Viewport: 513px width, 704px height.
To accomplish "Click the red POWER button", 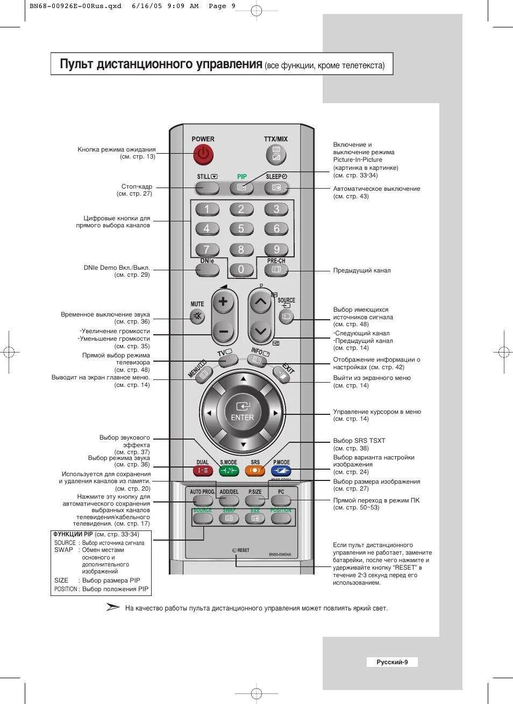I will (203, 155).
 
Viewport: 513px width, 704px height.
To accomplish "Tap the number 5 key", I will (241, 229).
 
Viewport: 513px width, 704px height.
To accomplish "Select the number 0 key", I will (241, 269).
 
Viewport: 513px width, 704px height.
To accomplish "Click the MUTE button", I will (198, 317).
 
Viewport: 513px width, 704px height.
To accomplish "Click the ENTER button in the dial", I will (243, 412).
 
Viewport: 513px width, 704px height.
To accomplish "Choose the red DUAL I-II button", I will (203, 471).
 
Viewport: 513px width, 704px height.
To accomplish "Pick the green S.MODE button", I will (229, 471).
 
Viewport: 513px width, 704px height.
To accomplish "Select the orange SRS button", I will (255, 471).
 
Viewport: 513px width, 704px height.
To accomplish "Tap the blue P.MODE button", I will (281, 471).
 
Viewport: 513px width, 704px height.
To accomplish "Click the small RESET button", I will (235, 550).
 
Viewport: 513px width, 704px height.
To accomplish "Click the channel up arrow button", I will (260, 302).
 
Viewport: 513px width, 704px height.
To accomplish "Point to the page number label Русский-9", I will (392, 662).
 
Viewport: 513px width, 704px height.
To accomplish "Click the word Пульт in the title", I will (76, 64).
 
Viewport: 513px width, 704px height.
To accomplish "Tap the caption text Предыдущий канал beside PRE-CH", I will (362, 270).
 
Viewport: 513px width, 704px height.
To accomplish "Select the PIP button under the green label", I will (241, 188).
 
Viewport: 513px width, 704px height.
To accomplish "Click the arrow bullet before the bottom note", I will (113, 607).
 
